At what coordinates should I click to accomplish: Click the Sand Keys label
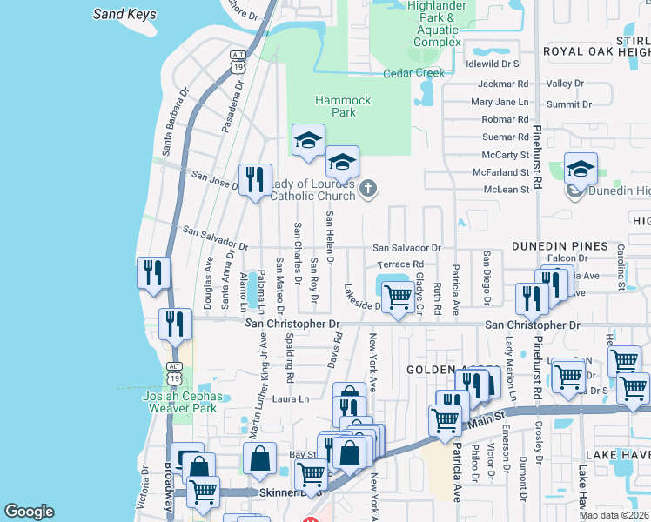(124, 14)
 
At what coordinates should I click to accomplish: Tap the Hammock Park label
(336, 106)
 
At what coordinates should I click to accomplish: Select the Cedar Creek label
(414, 73)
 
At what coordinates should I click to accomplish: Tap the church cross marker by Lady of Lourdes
(368, 188)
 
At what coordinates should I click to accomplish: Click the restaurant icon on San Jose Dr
(255, 180)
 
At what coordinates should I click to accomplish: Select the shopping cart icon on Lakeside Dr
(398, 298)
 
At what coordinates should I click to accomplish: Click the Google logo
(29, 512)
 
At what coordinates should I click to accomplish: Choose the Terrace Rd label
(400, 264)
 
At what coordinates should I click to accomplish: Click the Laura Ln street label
(292, 399)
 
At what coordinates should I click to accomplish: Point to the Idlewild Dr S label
(493, 64)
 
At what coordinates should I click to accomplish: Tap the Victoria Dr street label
(144, 487)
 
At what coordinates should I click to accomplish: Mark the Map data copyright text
(614, 515)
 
